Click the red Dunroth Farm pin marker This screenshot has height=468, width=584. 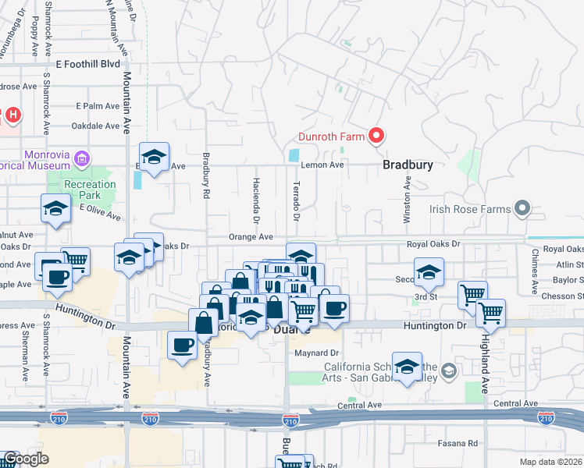376,136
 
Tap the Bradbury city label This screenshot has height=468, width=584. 408,165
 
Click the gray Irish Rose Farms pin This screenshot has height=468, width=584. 522,209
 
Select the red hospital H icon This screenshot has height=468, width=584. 12,116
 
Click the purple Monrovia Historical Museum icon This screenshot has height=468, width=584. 81,161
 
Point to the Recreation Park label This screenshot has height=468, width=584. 90,190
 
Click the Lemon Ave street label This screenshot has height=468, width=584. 326,165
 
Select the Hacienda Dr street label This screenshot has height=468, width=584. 255,199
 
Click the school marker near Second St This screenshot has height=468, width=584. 429,272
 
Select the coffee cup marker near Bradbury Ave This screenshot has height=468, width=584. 183,344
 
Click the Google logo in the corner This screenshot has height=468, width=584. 25,459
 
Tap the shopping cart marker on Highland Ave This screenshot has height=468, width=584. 490,313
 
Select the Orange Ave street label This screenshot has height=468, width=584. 251,236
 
